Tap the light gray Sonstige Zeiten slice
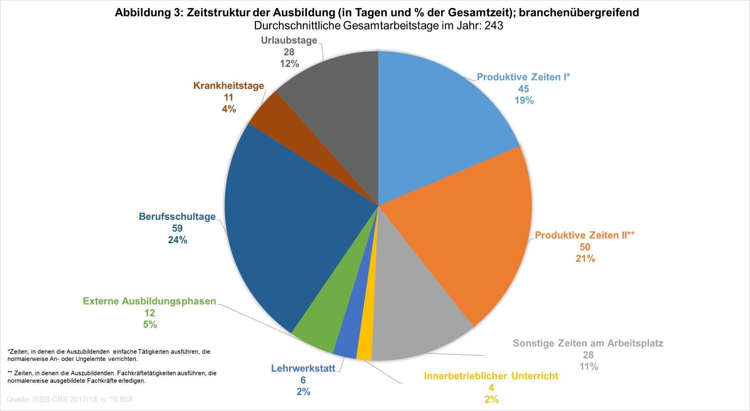tap(412, 319)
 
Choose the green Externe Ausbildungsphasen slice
tap(323, 323)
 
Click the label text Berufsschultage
tap(177, 217)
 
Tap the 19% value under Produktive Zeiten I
tap(524, 100)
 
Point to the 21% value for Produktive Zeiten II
tap(585, 258)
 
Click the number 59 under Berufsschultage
tap(177, 228)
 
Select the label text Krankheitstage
tap(228, 86)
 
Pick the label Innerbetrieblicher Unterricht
tap(491, 376)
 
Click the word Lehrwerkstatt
tap(303, 368)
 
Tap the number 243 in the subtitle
tap(494, 26)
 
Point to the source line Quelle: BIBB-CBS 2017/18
tap(69, 400)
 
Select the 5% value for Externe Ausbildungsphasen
tap(150, 324)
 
